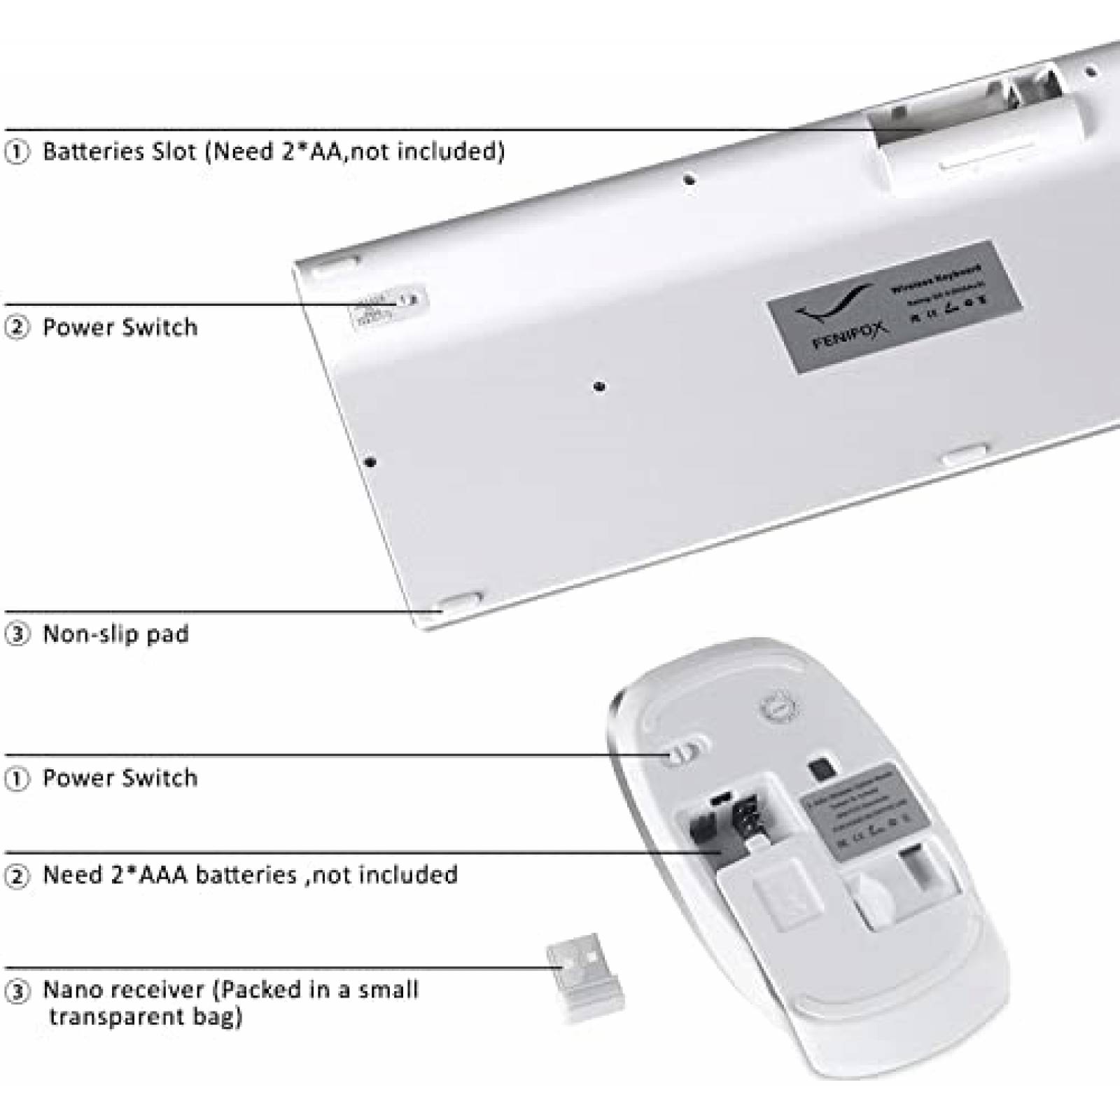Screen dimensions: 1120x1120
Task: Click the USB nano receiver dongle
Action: [585, 977]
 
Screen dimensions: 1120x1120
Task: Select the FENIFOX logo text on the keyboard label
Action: [850, 336]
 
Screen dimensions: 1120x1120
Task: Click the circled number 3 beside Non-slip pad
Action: [17, 634]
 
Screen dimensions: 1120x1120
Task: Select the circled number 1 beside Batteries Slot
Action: [17, 152]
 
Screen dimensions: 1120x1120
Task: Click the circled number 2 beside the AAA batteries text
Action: [17, 876]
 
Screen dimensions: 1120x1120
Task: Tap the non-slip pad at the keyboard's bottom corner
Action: [459, 603]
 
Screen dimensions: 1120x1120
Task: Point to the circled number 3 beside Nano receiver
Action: [17, 990]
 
